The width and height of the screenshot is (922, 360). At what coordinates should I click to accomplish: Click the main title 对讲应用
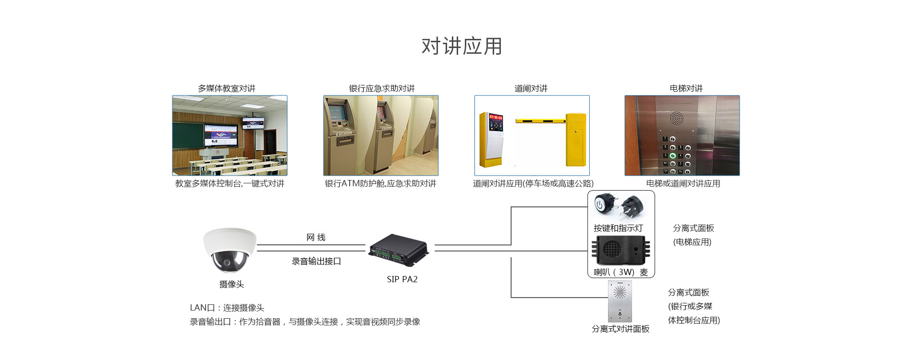click(x=461, y=47)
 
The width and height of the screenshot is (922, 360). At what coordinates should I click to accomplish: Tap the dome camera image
click(x=230, y=250)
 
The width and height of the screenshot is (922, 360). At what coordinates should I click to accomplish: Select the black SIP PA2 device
click(x=398, y=250)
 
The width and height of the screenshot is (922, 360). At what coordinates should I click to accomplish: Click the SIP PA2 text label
click(x=402, y=279)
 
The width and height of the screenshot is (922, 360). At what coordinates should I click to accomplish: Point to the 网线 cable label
click(x=316, y=237)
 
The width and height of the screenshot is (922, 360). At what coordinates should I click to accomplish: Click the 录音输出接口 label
click(x=316, y=261)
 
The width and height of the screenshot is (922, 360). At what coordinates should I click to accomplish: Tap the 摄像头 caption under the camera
click(x=231, y=284)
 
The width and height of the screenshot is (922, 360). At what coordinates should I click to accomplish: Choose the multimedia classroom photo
click(x=230, y=135)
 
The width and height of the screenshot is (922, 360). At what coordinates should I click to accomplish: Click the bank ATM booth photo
click(x=380, y=135)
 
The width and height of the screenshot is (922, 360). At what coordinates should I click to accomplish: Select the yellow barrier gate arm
click(x=540, y=120)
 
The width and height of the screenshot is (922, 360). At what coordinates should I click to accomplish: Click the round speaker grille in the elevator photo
click(x=676, y=118)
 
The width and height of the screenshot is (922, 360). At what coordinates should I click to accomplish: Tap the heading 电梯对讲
click(x=686, y=88)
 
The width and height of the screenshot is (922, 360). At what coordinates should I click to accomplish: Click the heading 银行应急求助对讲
click(x=381, y=88)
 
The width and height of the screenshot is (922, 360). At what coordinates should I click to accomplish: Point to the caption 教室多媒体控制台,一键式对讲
click(x=230, y=183)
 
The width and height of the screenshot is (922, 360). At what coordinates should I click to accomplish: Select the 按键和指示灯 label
click(x=618, y=228)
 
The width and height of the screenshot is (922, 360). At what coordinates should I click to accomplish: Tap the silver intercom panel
click(x=620, y=301)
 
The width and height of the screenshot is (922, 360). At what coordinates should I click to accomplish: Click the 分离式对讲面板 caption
click(x=620, y=329)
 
